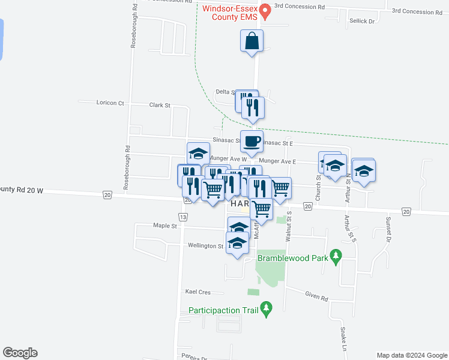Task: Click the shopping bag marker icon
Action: [x=252, y=41]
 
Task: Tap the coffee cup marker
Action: [x=252, y=141]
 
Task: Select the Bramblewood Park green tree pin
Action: [x=336, y=257]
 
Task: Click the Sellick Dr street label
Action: [x=363, y=21]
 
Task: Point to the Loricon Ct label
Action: [x=110, y=103]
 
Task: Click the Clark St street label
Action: [x=160, y=105]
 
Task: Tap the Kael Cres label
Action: [x=198, y=292]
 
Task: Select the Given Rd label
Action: [x=316, y=298]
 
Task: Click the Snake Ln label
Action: [x=344, y=339]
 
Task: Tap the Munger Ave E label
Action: [x=277, y=161]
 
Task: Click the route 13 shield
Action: [x=183, y=216]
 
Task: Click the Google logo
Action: [x=20, y=353]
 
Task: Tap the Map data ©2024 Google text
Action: [x=411, y=355]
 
